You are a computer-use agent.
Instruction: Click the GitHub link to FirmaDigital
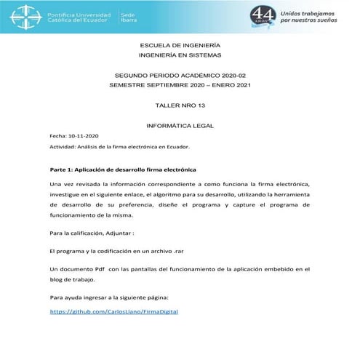coord(113,311)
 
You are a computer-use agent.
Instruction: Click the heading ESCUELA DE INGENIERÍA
coord(180,45)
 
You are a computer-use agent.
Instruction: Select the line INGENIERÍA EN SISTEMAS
coord(180,55)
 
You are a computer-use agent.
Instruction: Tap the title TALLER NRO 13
coord(180,105)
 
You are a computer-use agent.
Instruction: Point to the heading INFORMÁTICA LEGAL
coord(180,126)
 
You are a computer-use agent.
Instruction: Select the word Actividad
coord(64,146)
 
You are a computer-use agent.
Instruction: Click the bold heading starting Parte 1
coord(113,169)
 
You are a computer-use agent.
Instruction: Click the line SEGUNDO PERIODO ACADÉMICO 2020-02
coord(180,76)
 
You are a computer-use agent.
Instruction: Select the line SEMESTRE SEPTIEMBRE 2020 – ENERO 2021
coord(180,86)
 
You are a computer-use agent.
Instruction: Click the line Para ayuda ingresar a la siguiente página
coord(108,297)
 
